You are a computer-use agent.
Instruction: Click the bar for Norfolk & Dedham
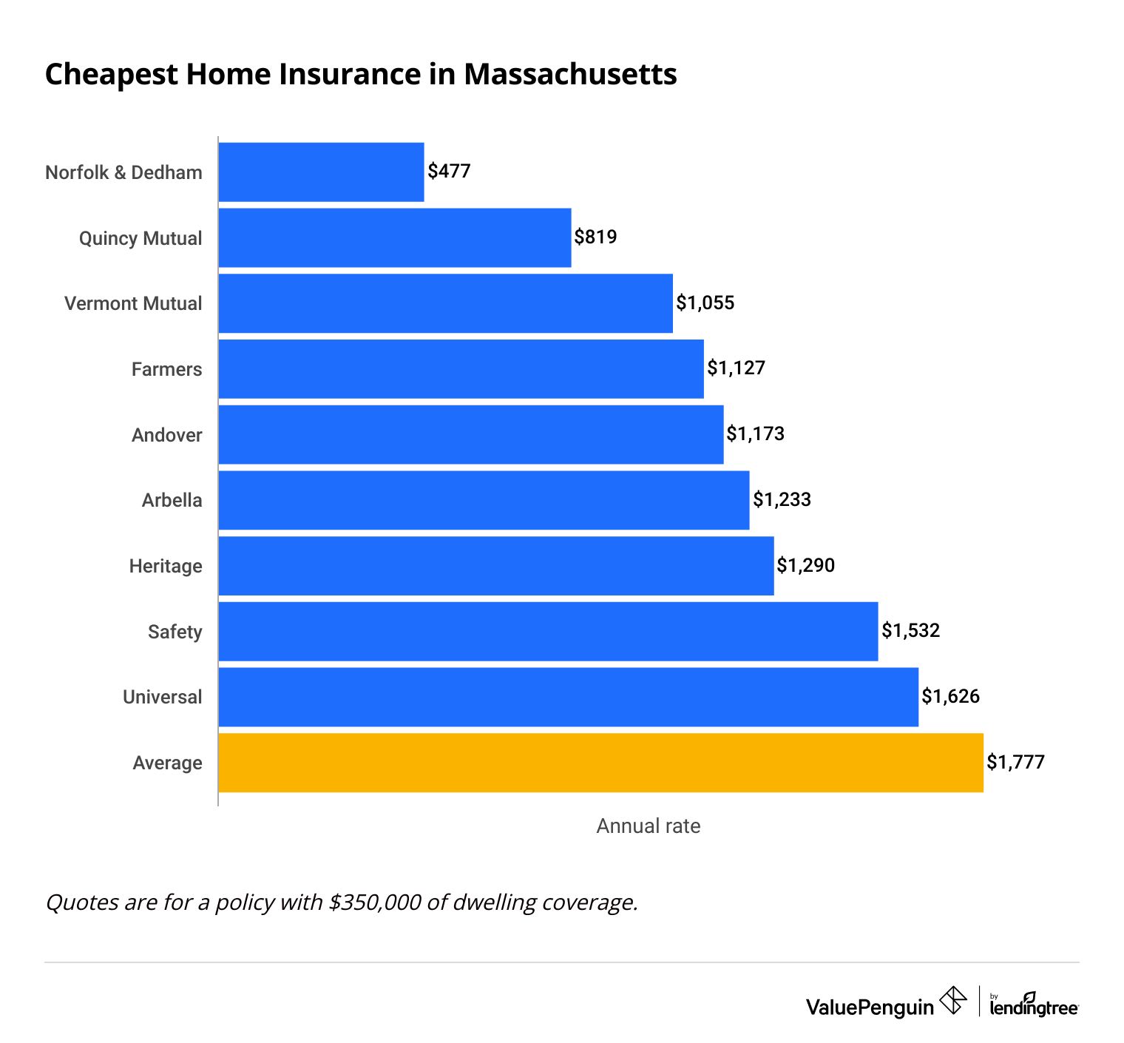click(321, 172)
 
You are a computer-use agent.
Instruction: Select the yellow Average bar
click(600, 763)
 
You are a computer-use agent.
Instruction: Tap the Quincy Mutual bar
click(395, 237)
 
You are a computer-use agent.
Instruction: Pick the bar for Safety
click(548, 631)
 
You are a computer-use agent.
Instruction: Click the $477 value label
click(449, 172)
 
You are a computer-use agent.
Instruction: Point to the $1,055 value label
click(705, 303)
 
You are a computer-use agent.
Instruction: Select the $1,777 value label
click(1015, 762)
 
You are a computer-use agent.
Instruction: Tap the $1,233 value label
click(782, 499)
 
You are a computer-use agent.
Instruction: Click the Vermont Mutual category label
click(133, 303)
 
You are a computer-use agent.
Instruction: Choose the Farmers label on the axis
click(166, 369)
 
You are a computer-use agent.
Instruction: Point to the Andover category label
click(166, 435)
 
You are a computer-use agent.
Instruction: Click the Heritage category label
click(166, 566)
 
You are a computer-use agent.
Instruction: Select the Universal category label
click(162, 697)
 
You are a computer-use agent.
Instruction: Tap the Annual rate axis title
click(648, 826)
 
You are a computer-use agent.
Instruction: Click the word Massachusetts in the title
click(570, 75)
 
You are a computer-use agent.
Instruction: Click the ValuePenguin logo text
click(870, 1007)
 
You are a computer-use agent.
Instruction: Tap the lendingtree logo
click(1034, 1005)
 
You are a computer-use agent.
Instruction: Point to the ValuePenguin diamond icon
click(953, 1000)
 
